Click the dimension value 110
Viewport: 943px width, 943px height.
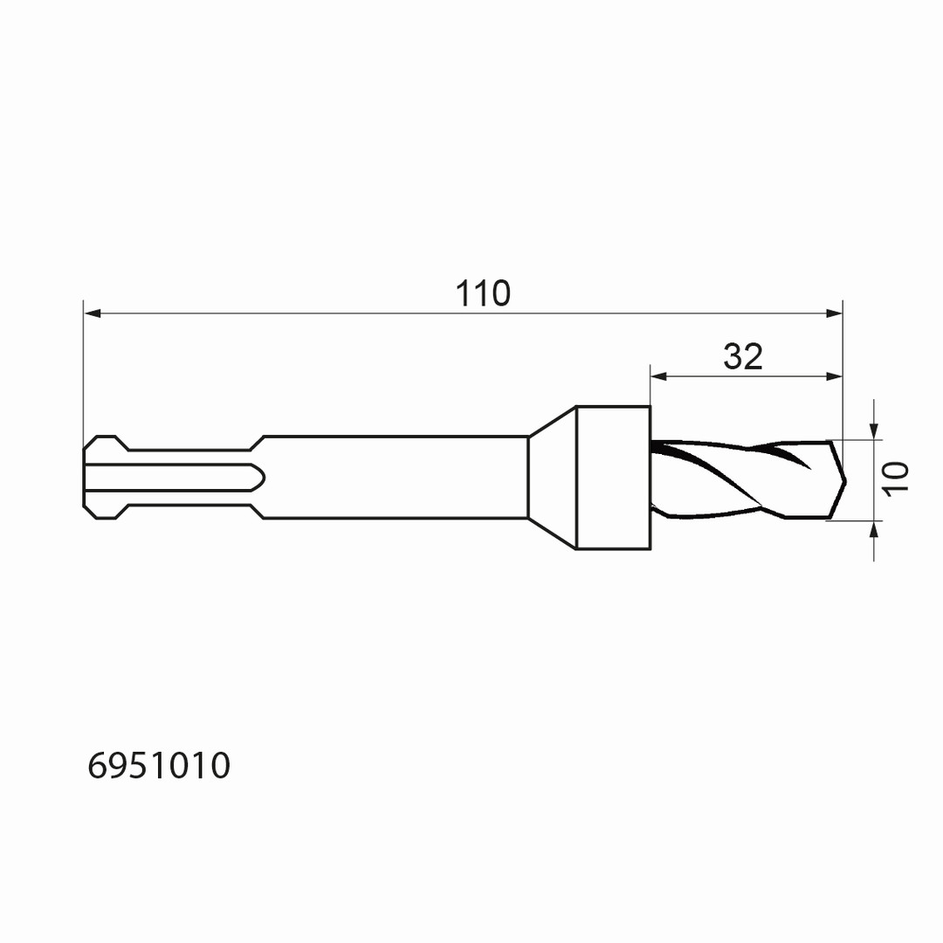482,293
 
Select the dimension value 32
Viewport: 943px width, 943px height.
743,356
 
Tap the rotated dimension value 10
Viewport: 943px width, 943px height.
896,478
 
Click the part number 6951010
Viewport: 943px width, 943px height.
159,766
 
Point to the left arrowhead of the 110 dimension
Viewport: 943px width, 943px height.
92,313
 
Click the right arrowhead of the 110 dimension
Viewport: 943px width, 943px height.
834,313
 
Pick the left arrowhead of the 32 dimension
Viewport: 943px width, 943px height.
659,376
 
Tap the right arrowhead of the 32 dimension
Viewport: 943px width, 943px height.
834,376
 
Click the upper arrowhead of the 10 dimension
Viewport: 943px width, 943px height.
874,431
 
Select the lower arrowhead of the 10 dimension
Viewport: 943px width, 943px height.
874,529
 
